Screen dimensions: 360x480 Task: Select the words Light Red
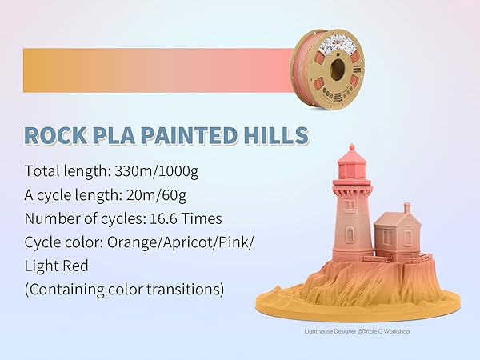[57, 265]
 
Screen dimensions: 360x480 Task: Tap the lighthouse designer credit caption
[356, 330]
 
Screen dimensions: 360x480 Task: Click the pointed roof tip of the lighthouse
[350, 146]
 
